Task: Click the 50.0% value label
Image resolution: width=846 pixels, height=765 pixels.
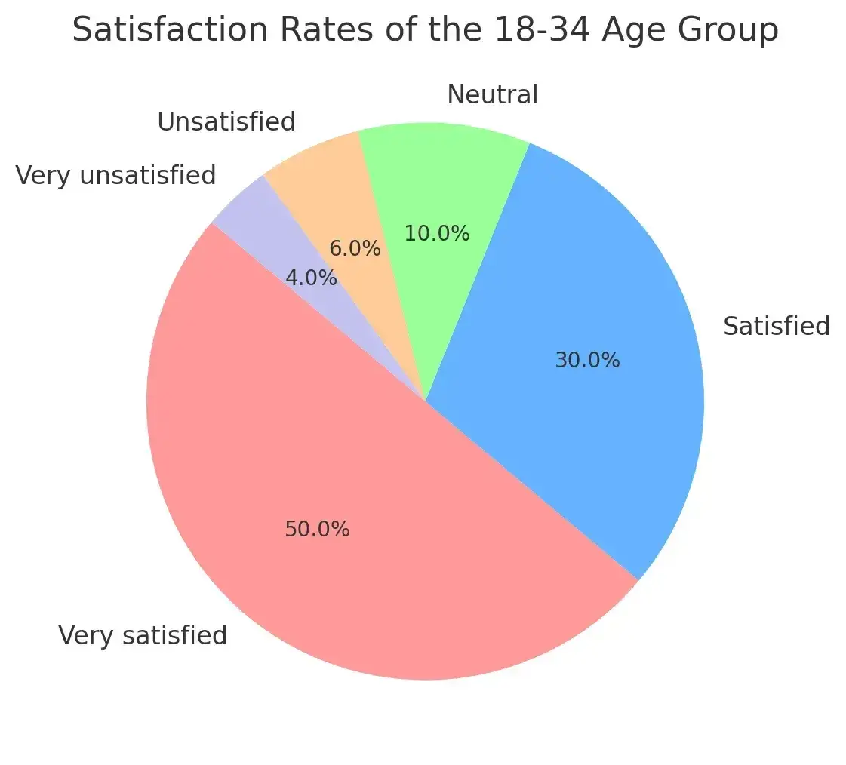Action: pos(317,530)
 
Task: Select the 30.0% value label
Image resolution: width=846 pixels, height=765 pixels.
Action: pos(587,361)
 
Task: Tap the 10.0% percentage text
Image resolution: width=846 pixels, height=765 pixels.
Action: pos(437,234)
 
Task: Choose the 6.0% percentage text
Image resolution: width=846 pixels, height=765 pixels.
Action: pos(355,248)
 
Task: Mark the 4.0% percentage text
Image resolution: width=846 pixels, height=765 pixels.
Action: pos(311,278)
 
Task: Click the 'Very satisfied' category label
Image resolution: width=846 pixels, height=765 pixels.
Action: pos(143,636)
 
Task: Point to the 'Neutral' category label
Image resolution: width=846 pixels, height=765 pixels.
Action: pos(492,95)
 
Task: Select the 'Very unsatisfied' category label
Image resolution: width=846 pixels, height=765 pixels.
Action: pos(115,175)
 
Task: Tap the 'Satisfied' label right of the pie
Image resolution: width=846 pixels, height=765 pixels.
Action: pos(776,327)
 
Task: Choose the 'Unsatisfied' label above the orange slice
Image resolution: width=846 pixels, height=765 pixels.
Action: pos(226,121)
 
